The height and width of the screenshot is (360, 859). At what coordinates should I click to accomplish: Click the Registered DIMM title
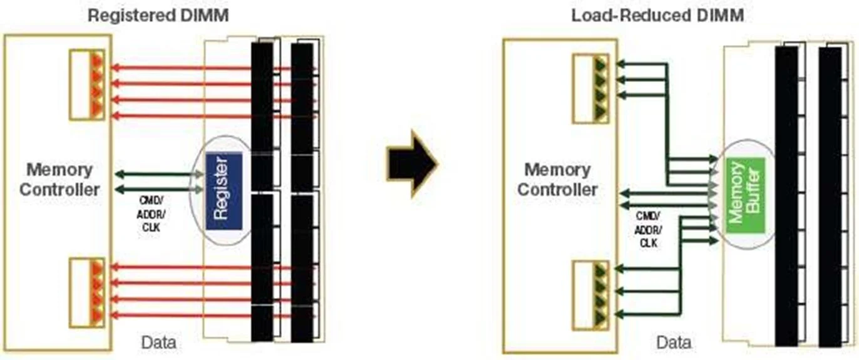[158, 15]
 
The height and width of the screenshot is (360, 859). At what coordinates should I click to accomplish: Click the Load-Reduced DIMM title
[657, 15]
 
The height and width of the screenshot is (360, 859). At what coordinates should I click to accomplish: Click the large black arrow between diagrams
[411, 163]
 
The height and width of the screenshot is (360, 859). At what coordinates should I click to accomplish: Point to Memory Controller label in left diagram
[59, 179]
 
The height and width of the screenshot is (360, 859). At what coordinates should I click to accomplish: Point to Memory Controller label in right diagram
[557, 179]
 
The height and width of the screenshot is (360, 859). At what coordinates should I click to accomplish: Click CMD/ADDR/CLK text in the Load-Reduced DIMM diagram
[647, 229]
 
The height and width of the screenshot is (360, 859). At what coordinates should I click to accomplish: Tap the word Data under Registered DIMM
[158, 342]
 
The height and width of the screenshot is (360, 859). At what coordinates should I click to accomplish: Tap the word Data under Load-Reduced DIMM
[674, 342]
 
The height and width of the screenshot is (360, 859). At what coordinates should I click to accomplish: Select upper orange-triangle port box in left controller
[86, 85]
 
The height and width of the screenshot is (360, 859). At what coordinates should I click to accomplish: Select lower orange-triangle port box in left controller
[86, 292]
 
